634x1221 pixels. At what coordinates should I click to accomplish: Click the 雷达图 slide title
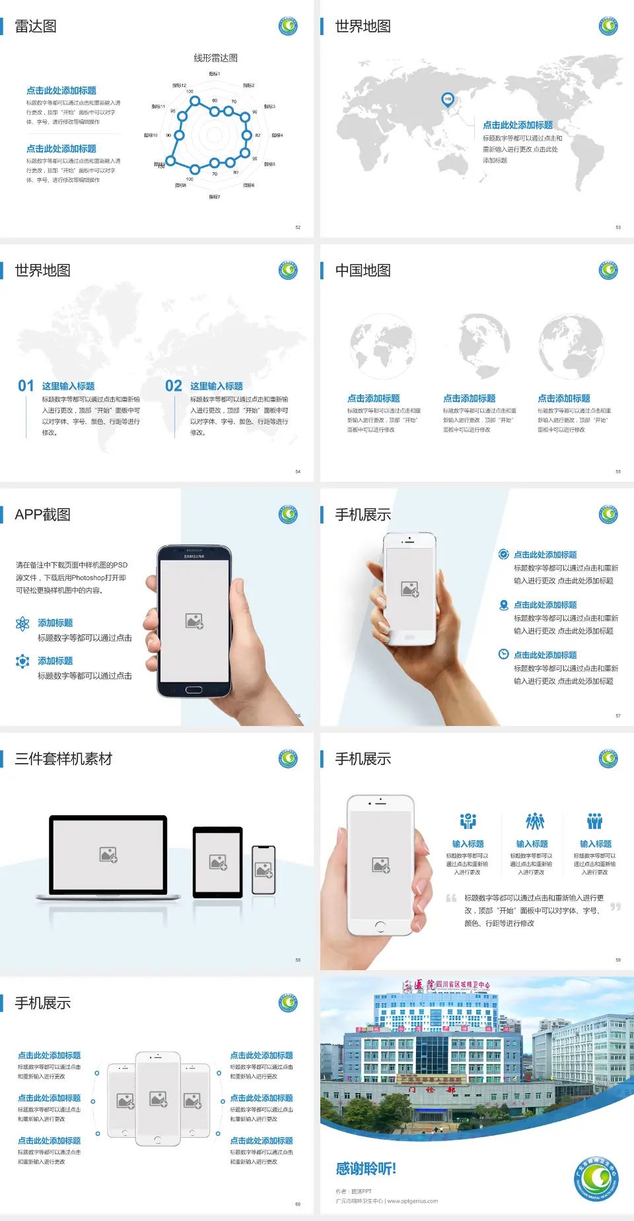click(x=36, y=26)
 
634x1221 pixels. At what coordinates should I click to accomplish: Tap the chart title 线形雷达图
click(x=215, y=58)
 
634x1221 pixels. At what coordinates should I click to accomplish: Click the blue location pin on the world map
click(x=447, y=99)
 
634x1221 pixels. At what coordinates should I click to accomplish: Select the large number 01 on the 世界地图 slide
click(x=26, y=386)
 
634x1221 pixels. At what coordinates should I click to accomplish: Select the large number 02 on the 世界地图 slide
click(x=174, y=386)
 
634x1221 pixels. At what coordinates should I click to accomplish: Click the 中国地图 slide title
click(x=363, y=271)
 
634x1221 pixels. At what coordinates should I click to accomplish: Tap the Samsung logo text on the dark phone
click(x=194, y=556)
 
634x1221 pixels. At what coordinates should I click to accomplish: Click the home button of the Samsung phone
click(x=194, y=690)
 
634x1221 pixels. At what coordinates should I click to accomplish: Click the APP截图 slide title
click(x=42, y=515)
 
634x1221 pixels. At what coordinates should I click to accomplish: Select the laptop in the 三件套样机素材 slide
click(x=109, y=857)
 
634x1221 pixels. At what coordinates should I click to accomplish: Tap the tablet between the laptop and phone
click(x=218, y=861)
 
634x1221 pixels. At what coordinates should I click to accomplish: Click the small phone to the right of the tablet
click(x=264, y=870)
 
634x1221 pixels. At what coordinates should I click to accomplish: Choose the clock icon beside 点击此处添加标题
click(x=503, y=654)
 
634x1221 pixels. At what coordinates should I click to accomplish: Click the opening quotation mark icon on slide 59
click(x=451, y=898)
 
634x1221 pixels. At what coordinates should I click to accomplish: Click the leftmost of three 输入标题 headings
click(x=468, y=844)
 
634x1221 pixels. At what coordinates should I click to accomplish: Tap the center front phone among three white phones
click(x=158, y=1098)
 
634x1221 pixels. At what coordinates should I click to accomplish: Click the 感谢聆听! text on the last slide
click(x=366, y=1169)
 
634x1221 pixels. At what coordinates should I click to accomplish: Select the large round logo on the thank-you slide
click(x=596, y=1179)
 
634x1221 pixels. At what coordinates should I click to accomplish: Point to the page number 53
click(x=618, y=227)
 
